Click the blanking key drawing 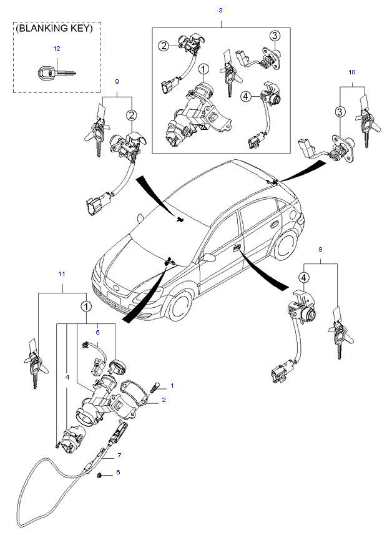pyautogui.click(x=54, y=73)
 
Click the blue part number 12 pyautogui.click(x=57, y=48)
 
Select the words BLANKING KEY pyautogui.click(x=54, y=29)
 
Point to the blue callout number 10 pyautogui.click(x=351, y=72)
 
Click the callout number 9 pyautogui.click(x=117, y=82)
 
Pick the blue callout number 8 pyautogui.click(x=321, y=250)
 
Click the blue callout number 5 pyautogui.click(x=97, y=325)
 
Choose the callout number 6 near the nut pyautogui.click(x=118, y=473)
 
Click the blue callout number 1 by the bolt pyautogui.click(x=173, y=385)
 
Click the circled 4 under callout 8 pyautogui.click(x=304, y=277)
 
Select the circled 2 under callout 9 pyautogui.click(x=132, y=114)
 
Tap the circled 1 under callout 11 pyautogui.click(x=86, y=307)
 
